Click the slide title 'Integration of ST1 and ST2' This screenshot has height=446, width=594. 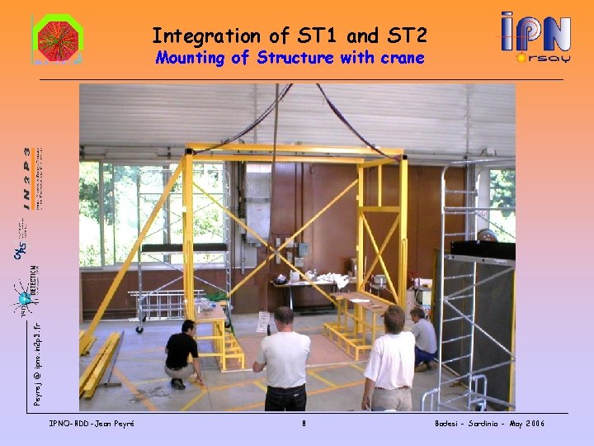290,36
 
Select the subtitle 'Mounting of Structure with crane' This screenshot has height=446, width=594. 290,58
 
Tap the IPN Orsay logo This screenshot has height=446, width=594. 535,38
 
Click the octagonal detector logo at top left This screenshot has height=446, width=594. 56,39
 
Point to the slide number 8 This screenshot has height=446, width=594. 304,424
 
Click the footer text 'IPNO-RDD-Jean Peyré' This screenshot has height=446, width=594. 92,424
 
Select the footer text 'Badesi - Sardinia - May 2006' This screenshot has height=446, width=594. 489,424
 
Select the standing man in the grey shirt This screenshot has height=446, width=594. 282,359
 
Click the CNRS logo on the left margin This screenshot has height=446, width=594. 20,249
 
